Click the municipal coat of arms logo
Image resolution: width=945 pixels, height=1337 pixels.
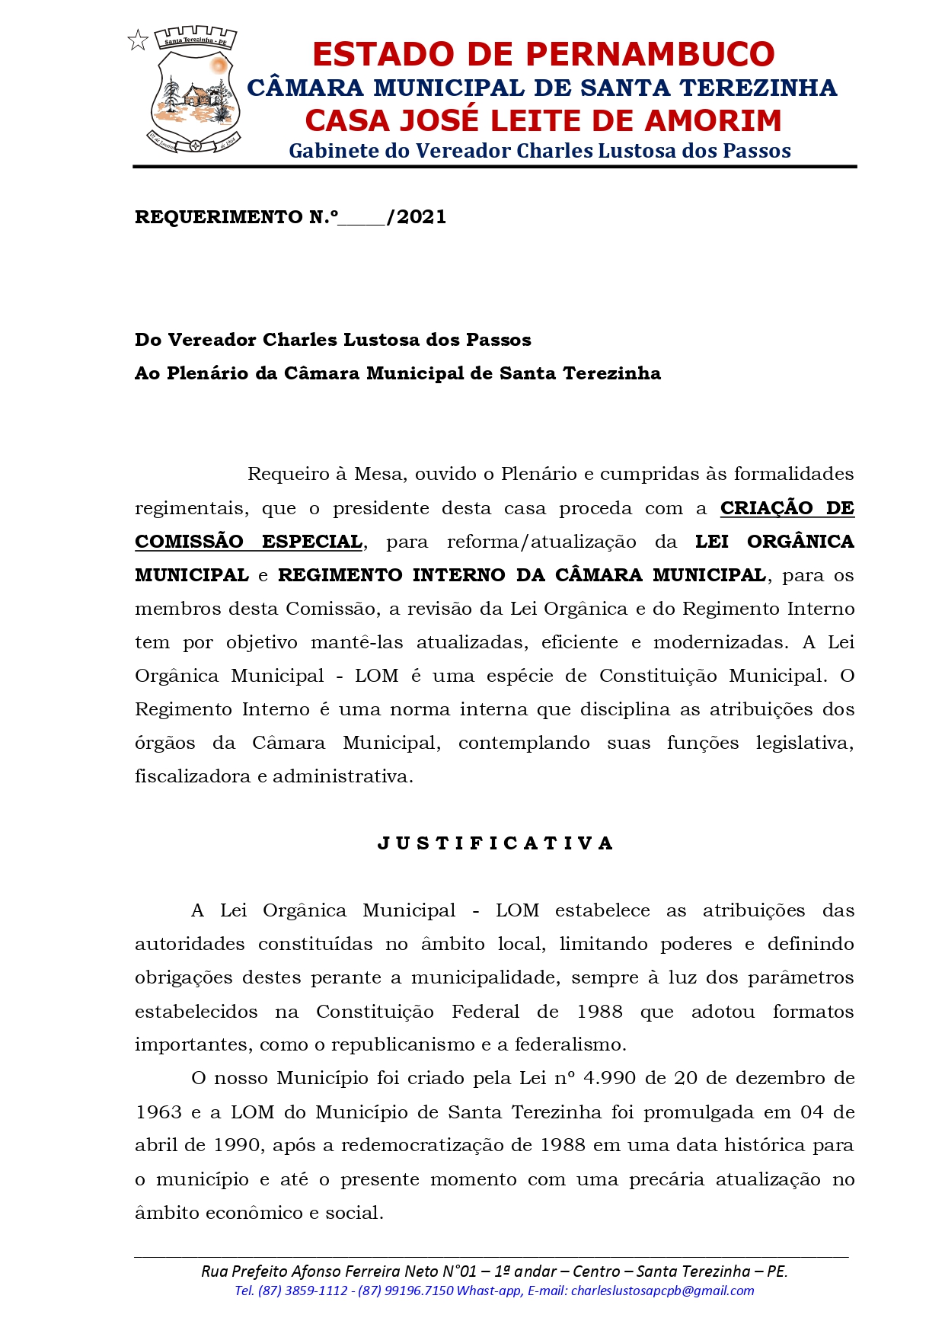coord(195,90)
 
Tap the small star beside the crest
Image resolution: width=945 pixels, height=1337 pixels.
coord(138,40)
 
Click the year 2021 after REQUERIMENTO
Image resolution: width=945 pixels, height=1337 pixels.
coord(421,217)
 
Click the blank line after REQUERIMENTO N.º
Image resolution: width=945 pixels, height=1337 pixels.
coord(362,219)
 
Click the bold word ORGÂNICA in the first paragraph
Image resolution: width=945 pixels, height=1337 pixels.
coord(800,542)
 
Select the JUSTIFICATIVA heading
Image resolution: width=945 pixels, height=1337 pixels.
coord(496,843)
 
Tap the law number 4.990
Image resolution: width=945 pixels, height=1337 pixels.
coord(609,1078)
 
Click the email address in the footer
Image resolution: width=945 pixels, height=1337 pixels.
coord(662,1291)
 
